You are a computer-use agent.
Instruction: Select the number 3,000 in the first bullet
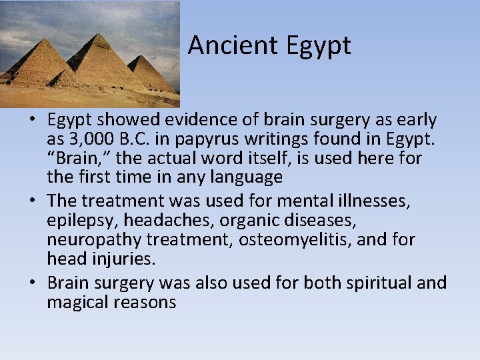pyautogui.click(x=88, y=139)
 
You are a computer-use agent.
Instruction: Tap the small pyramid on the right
pyautogui.click(x=151, y=73)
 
